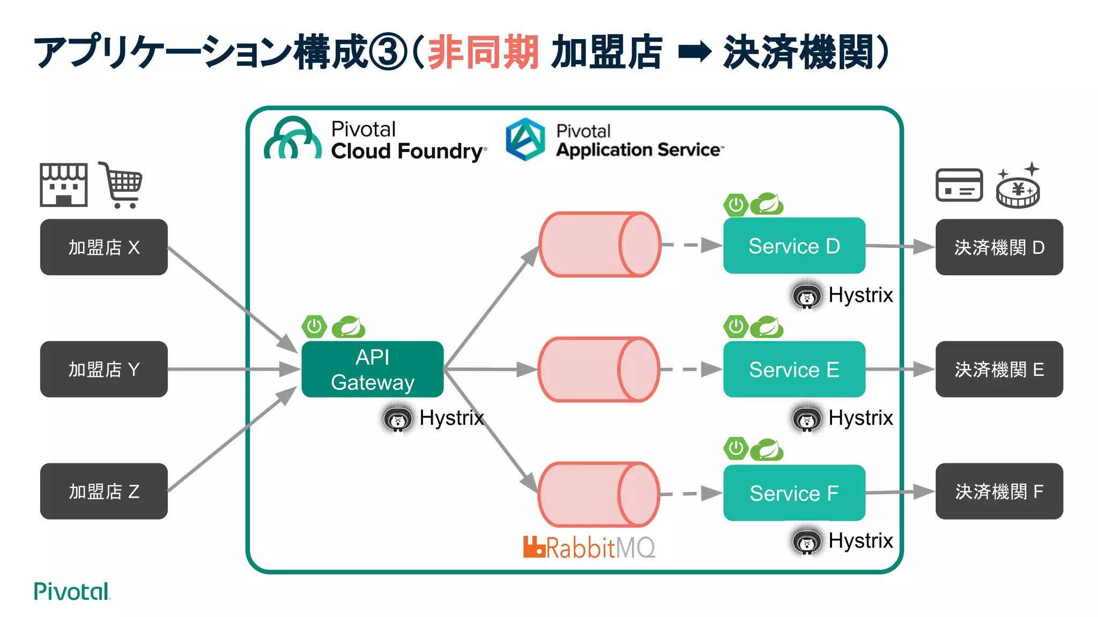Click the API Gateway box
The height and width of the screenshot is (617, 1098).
pyautogui.click(x=372, y=369)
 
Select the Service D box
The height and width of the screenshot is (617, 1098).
pyautogui.click(x=793, y=246)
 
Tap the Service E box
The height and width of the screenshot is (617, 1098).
pyautogui.click(x=793, y=369)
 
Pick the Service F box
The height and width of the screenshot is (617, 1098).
pyautogui.click(x=793, y=493)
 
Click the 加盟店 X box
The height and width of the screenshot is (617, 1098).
pyautogui.click(x=103, y=247)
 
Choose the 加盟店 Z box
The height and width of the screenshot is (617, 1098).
pyautogui.click(x=103, y=491)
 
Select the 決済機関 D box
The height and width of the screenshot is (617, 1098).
pyautogui.click(x=999, y=247)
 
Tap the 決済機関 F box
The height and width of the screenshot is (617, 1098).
pyautogui.click(x=999, y=491)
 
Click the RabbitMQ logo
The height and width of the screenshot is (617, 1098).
pyautogui.click(x=589, y=547)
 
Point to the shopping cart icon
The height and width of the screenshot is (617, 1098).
pyautogui.click(x=122, y=185)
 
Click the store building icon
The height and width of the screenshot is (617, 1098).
pyautogui.click(x=63, y=185)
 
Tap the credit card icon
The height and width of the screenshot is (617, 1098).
pyautogui.click(x=959, y=185)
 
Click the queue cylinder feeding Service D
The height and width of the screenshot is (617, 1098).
pyautogui.click(x=599, y=244)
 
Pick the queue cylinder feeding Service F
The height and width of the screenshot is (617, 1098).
pyautogui.click(x=598, y=494)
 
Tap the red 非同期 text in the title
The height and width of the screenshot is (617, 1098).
pyautogui.click(x=483, y=52)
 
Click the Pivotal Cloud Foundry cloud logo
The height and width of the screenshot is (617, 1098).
pyautogui.click(x=293, y=139)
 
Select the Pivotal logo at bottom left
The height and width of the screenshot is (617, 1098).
pyautogui.click(x=71, y=591)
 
